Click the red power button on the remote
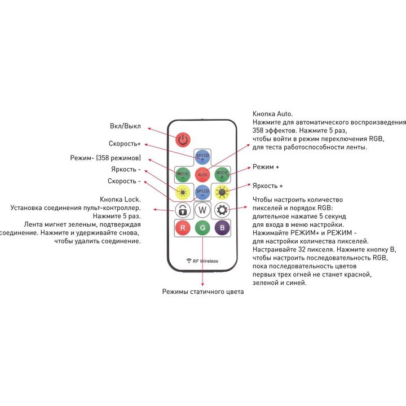tap(183, 140)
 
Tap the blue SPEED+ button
tap(202, 157)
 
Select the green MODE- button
tap(183, 174)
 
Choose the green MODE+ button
tap(222, 174)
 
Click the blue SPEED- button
tap(202, 192)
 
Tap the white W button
tap(202, 210)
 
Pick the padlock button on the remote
tap(183, 210)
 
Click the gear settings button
tap(222, 210)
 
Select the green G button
tap(202, 228)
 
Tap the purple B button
tap(222, 228)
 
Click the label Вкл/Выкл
tap(125, 126)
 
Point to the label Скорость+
tap(125, 144)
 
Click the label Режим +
tap(266, 167)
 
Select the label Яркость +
tap(267, 186)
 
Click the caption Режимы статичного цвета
tap(203, 292)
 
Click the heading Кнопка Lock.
tap(121, 200)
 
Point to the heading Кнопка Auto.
tap(273, 114)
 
